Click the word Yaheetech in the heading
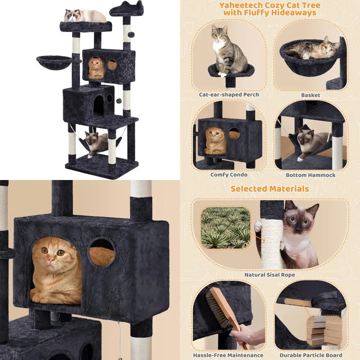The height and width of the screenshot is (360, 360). pyautogui.click(x=240, y=6)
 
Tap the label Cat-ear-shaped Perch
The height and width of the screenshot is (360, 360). pyautogui.click(x=229, y=95)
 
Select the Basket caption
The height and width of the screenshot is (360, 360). pyautogui.click(x=311, y=95)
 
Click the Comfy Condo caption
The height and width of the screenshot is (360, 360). pyautogui.click(x=229, y=175)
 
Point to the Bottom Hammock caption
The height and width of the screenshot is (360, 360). pyautogui.click(x=310, y=175)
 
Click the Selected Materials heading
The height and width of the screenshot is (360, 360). pyautogui.click(x=270, y=189)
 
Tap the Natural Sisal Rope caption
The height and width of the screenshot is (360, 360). pyautogui.click(x=270, y=275)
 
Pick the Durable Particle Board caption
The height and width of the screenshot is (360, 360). pyautogui.click(x=311, y=355)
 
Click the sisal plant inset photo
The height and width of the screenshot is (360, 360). pyautogui.click(x=225, y=228)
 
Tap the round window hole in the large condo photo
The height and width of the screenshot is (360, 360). pyautogui.click(x=102, y=252)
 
